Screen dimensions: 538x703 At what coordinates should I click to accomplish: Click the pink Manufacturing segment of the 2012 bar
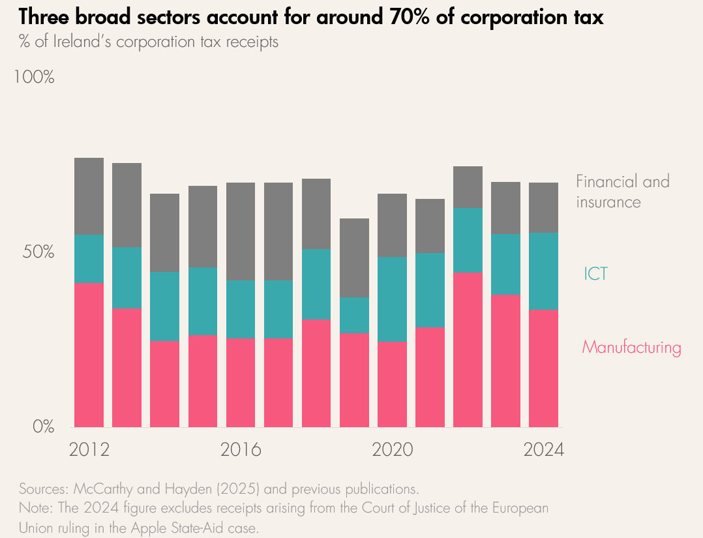click(x=89, y=355)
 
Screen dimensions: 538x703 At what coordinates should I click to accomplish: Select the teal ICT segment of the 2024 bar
click(x=543, y=271)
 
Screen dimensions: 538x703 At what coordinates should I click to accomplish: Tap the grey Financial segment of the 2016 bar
click(x=241, y=232)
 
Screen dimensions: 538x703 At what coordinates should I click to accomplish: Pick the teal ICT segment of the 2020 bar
click(x=393, y=299)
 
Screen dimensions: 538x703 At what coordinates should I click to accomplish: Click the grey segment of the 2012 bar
click(x=89, y=196)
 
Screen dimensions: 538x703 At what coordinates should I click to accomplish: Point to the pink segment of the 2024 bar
click(x=543, y=368)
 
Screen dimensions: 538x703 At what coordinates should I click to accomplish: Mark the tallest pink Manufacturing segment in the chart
click(x=468, y=350)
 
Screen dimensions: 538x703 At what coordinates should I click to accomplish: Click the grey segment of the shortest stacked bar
click(x=355, y=258)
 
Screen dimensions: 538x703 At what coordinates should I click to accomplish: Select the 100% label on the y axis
click(x=33, y=77)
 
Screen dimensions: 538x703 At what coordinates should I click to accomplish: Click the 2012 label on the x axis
click(x=89, y=450)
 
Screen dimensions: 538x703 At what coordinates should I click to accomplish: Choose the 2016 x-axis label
click(x=241, y=450)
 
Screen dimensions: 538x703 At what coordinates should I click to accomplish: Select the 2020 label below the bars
click(x=393, y=450)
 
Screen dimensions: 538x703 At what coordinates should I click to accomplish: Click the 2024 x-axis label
click(x=543, y=450)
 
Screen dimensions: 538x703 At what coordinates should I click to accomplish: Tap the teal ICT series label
click(x=595, y=274)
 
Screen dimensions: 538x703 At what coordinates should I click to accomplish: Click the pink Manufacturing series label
click(x=631, y=348)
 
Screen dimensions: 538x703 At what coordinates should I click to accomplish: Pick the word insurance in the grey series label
click(x=608, y=202)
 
